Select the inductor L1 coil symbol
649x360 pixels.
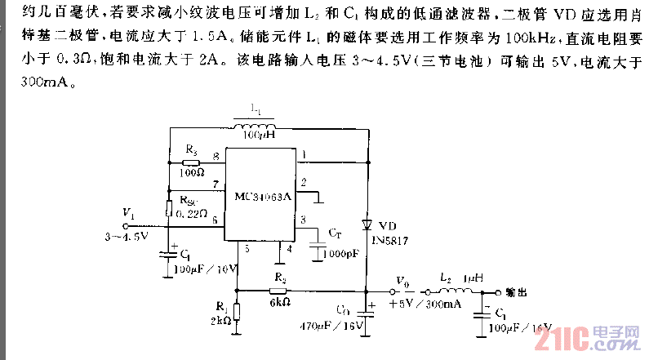258,125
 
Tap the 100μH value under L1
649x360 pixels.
258,135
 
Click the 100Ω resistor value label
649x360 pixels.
193,172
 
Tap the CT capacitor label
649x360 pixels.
333,233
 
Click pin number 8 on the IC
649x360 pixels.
216,156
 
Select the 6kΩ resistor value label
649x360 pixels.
280,302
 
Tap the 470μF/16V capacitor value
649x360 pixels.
337,327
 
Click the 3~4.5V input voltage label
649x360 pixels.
126,237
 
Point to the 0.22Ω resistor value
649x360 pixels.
192,214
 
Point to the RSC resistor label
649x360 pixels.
187,200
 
